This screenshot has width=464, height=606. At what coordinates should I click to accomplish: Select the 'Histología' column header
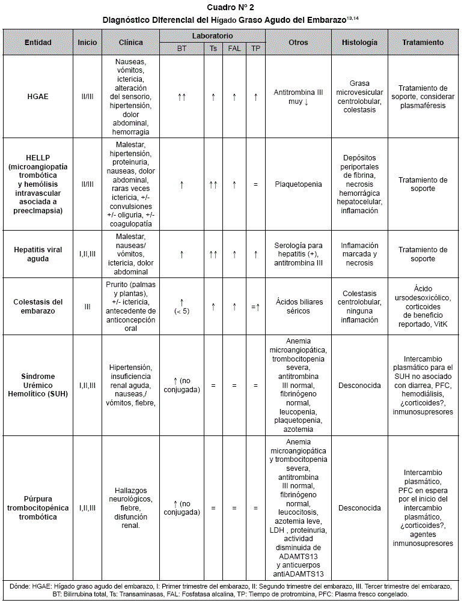click(x=359, y=43)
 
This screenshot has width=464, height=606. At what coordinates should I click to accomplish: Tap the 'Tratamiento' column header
click(x=424, y=43)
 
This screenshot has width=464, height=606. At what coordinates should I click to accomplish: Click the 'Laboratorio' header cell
click(x=213, y=36)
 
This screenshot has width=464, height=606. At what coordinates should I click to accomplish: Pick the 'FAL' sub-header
click(x=234, y=49)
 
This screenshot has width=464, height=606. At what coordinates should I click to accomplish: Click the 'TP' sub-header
click(x=255, y=49)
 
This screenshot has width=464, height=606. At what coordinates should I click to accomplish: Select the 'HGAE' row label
click(x=38, y=96)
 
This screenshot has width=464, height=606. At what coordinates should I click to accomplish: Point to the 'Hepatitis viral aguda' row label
click(x=38, y=254)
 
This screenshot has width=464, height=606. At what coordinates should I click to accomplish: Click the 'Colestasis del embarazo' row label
click(x=38, y=307)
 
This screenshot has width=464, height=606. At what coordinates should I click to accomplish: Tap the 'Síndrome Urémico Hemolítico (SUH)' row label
click(x=38, y=386)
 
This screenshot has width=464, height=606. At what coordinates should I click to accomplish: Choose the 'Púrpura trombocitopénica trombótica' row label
click(x=38, y=508)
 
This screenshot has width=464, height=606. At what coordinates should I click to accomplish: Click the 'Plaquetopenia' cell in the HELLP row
click(x=298, y=184)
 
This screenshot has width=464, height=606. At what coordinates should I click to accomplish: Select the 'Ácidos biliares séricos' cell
click(x=298, y=307)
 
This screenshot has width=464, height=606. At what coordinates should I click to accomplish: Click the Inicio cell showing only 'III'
click(x=87, y=307)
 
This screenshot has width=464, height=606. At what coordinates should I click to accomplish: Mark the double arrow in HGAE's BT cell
click(x=182, y=96)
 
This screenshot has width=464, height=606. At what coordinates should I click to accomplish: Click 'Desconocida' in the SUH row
click(x=359, y=386)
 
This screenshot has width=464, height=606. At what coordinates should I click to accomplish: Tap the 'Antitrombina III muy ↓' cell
click(x=298, y=97)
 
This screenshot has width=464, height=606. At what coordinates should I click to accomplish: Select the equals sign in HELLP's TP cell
click(x=255, y=184)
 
